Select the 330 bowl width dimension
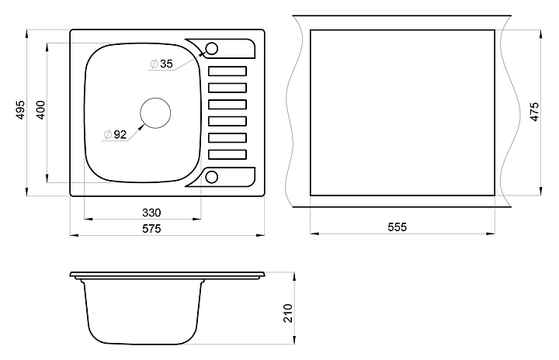pos(151,212)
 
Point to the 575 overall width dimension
pos(151,228)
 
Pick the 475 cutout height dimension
pos(533,112)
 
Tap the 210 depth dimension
pos(288,313)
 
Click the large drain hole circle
pos(155,112)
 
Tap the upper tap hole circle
pos(212,49)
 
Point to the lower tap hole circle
pos(212,178)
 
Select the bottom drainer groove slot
pos(227,154)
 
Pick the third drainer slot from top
pos(227,104)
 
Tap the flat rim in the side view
pos(167,275)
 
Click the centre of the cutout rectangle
pos(402,112)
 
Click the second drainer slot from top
pos(227,87)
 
